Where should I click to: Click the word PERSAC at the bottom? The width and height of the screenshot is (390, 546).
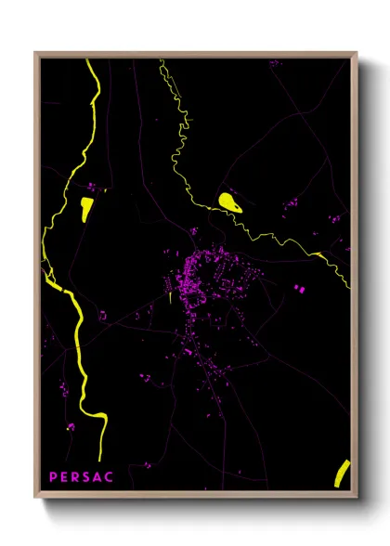point(82,476)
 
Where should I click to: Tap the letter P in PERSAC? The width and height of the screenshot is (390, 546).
point(54,476)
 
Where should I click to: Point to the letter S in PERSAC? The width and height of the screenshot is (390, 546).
point(87,476)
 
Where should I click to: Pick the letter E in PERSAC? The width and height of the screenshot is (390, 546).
point(65,476)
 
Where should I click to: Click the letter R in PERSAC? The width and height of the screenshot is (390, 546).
point(76,476)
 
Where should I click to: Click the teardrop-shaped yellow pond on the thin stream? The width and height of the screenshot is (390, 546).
point(228,201)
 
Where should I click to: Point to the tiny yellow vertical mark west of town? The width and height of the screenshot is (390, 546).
point(172,298)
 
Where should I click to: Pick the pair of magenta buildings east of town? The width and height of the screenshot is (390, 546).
point(299,289)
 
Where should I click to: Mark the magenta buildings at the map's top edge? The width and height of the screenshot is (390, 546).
point(274,63)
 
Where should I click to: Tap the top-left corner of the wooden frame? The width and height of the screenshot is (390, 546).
point(36,54)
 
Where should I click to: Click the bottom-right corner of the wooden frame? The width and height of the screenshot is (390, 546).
point(356,497)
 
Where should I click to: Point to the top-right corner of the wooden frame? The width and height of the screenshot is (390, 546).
point(356,54)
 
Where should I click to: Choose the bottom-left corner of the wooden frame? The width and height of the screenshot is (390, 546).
point(36,497)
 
